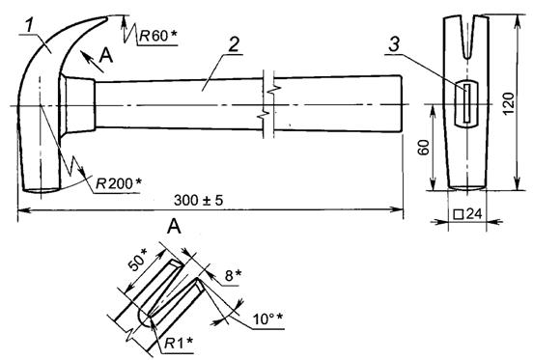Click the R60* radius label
coord(158,36)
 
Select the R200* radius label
coord(119,183)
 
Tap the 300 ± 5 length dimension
coord(199,200)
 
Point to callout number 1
coord(30,25)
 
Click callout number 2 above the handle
coord(234,44)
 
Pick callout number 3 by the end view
coord(394,44)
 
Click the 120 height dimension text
coord(509,103)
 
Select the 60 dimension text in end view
coord(424,148)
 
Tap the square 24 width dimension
coord(467,214)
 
